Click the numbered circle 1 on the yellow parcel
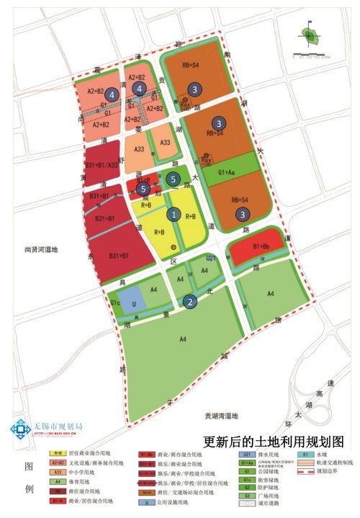tap(173, 214)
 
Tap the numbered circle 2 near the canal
tap(189, 302)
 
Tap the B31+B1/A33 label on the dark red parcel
tap(102, 166)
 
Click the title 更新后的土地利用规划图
tap(274, 441)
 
